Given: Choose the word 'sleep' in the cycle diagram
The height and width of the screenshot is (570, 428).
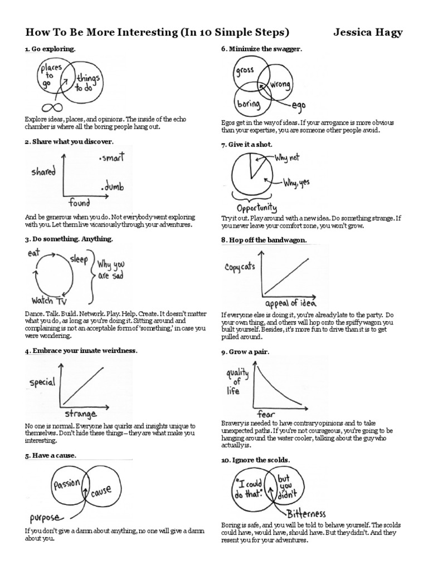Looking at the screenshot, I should coord(79,259).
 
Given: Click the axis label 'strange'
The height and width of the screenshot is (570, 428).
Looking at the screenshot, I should coord(81,414).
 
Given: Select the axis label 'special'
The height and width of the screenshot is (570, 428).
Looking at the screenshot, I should coord(42,382).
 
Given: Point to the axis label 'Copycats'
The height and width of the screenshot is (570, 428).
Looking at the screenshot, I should coord(240,267).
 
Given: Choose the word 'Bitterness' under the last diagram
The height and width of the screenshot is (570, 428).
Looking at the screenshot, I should coord(307,513).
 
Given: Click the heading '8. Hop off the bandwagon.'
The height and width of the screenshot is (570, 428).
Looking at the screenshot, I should coord(264,239).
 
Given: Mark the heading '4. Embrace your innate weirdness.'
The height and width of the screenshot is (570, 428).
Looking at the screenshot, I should coord(81,351).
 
